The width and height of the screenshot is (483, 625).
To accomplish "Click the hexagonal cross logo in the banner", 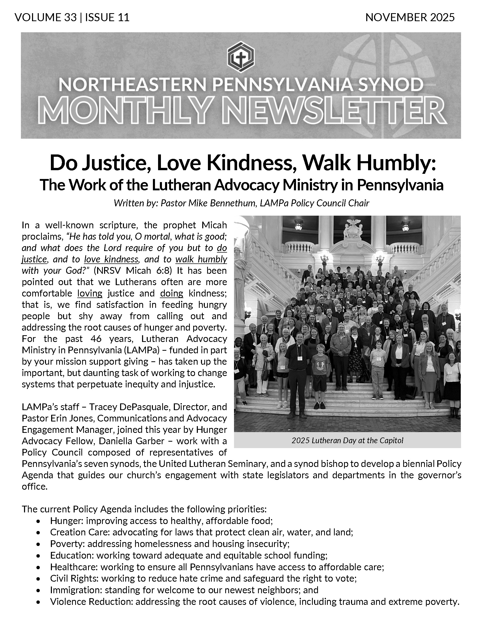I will (240, 56).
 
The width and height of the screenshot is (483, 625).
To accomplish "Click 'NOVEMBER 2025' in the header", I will (410, 18).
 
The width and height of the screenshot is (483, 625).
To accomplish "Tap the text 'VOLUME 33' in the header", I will (46, 18).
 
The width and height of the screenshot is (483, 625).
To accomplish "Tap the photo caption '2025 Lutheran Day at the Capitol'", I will (347, 440).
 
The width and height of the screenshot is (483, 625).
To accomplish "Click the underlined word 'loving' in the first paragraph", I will (90, 293).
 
